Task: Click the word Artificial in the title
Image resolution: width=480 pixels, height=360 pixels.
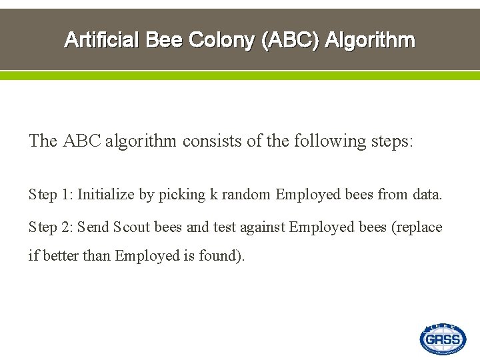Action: pyautogui.click(x=101, y=41)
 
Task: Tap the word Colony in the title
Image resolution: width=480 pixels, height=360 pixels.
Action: pyautogui.click(x=222, y=41)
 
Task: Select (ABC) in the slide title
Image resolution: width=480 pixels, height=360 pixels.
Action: pyautogui.click(x=291, y=41)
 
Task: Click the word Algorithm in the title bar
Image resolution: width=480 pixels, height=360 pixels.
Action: pyautogui.click(x=370, y=41)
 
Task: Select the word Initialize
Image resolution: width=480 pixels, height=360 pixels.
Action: pyautogui.click(x=106, y=195)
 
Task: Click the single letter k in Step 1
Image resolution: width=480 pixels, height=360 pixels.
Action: pyautogui.click(x=213, y=195)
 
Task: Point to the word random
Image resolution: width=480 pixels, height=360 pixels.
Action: pyautogui.click(x=246, y=195)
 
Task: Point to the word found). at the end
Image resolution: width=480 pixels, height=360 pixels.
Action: pyautogui.click(x=221, y=255)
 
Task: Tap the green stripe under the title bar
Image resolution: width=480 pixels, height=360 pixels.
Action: pyautogui.click(x=240, y=75)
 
